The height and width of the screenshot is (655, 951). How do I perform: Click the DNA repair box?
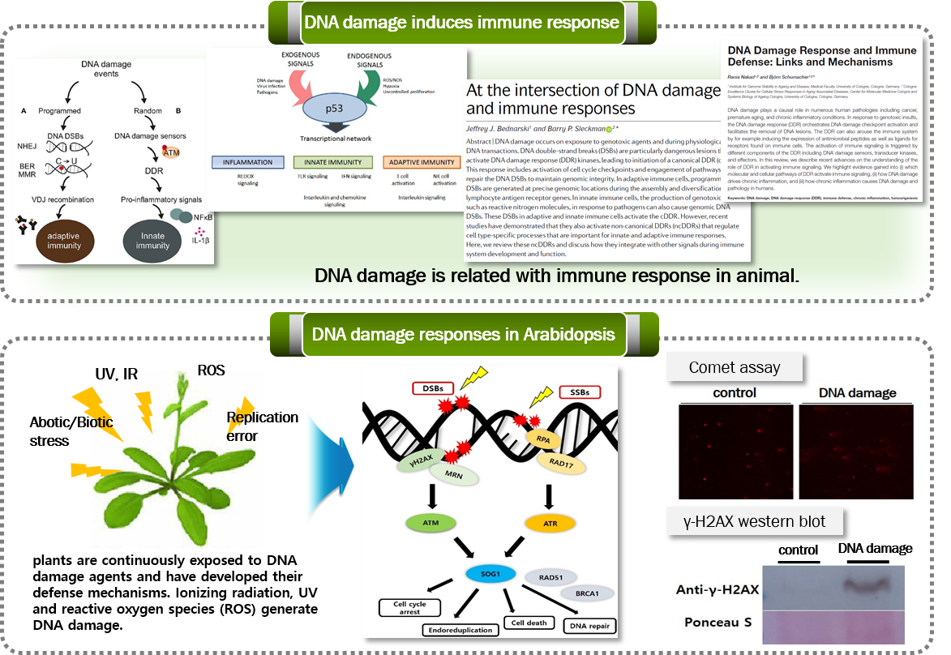click(591, 625)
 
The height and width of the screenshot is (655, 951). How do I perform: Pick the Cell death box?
click(529, 623)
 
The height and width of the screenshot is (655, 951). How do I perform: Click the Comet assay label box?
click(735, 367)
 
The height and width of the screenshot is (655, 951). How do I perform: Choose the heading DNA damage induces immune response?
click(462, 22)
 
